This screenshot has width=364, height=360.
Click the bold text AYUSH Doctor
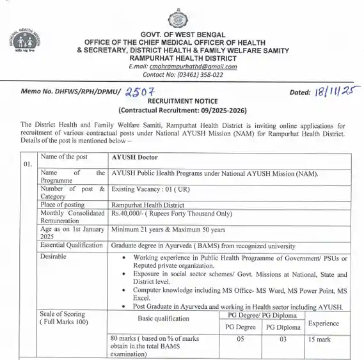point(134,157)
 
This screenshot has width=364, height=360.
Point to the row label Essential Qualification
point(71,245)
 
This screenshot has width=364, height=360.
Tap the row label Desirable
point(54,255)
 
